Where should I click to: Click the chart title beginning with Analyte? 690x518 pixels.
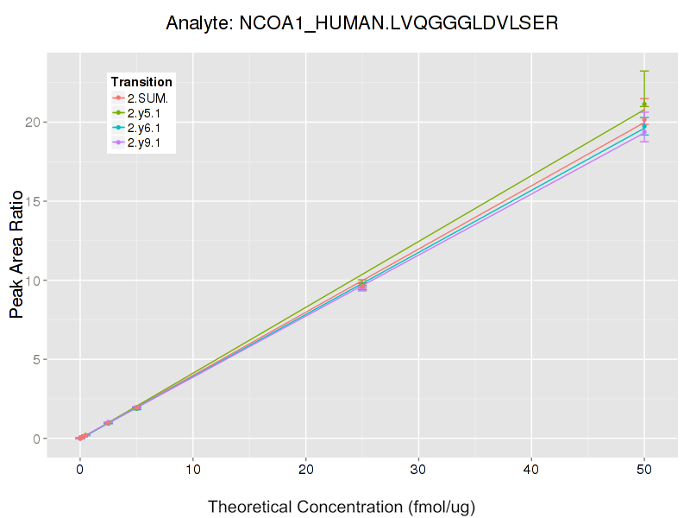point(362,23)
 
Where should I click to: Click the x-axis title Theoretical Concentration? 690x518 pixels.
point(342,507)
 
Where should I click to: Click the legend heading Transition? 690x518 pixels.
point(141,82)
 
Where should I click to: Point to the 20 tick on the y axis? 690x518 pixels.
point(32,123)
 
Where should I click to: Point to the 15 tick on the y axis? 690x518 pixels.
point(32,201)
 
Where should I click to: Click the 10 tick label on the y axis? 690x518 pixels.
point(32,281)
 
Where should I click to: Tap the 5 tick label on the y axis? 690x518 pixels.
point(35,360)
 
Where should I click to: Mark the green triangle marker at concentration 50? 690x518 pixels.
point(644,104)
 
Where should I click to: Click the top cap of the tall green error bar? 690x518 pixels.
point(644,71)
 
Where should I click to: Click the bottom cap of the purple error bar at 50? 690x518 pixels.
point(644,141)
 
